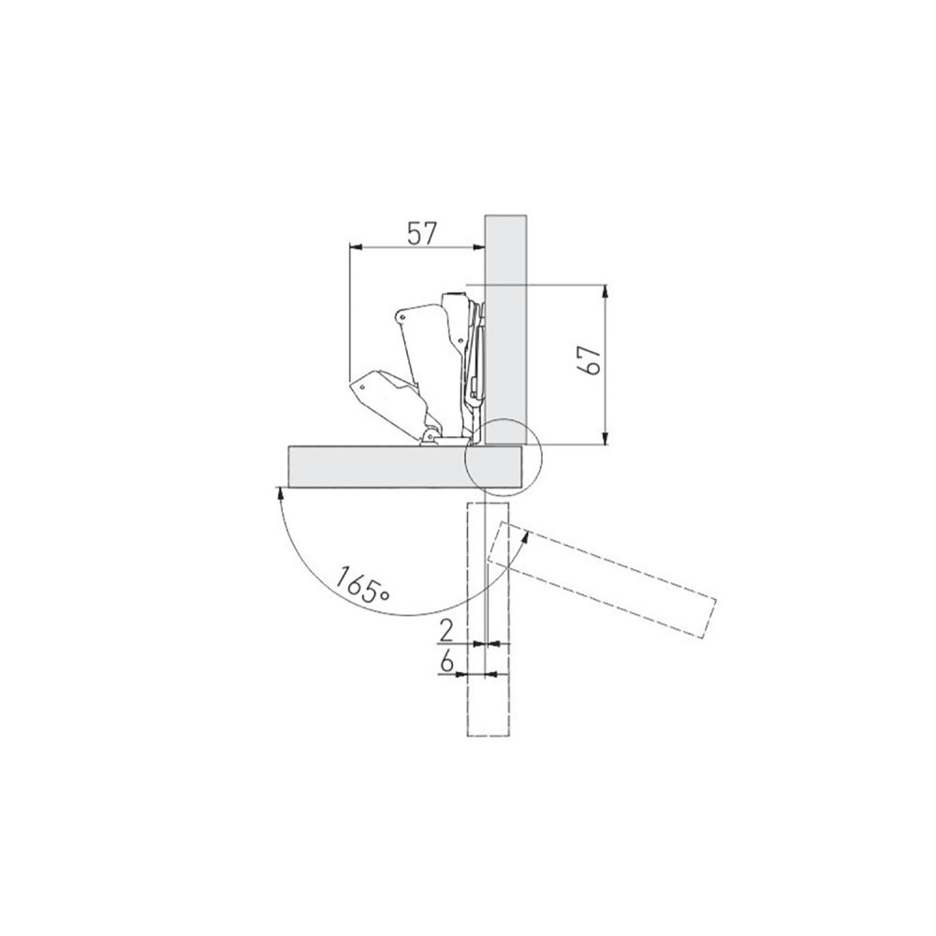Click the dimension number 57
pos(423,233)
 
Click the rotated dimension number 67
pos(590,359)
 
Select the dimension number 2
pos(446,631)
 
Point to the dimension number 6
pos(446,662)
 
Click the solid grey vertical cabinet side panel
pos(505,329)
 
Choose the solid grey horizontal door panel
pos(406,466)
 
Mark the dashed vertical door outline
pos(489,619)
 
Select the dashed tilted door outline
pos(602,579)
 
